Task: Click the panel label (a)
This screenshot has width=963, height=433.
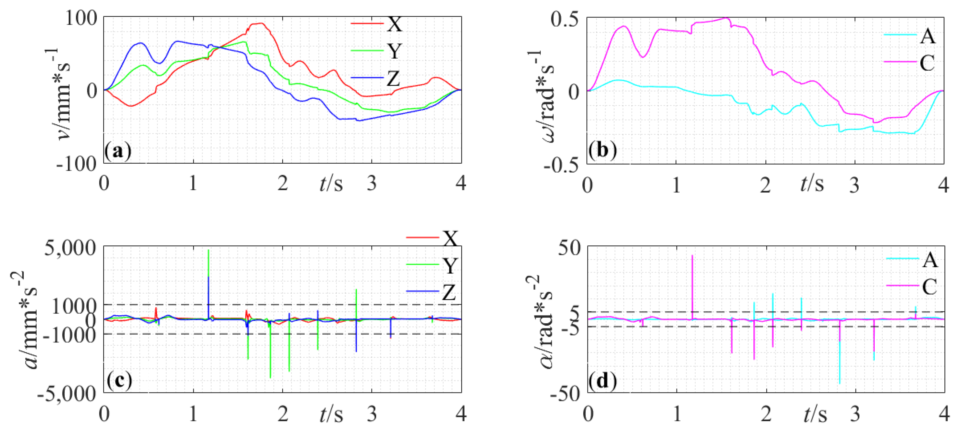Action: tap(118, 151)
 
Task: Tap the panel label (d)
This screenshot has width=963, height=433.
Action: tap(602, 381)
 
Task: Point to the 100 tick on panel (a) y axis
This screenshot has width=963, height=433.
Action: tap(81, 17)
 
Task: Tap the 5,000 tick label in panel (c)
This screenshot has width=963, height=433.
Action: tap(70, 247)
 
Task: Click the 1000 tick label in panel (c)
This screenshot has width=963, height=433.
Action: tap(74, 306)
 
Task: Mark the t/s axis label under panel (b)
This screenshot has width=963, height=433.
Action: tap(812, 183)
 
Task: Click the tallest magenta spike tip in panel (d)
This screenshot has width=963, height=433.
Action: tap(692, 256)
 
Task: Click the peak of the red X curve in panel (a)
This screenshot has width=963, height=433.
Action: tap(262, 23)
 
